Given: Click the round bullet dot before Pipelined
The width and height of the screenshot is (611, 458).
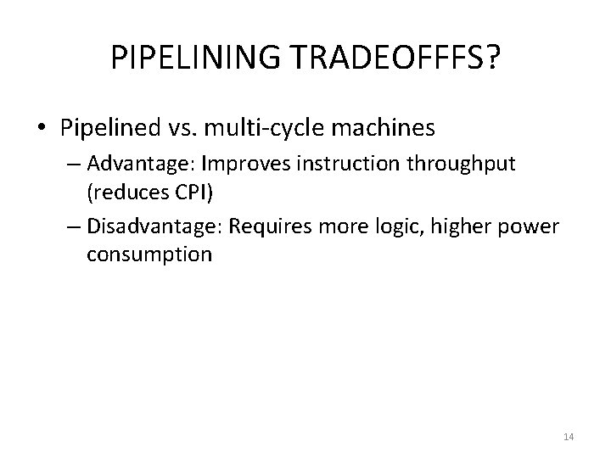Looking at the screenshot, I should (43, 130).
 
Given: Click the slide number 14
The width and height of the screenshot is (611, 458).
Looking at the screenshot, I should (569, 437).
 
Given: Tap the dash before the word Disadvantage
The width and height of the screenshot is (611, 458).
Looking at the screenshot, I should (74, 226).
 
